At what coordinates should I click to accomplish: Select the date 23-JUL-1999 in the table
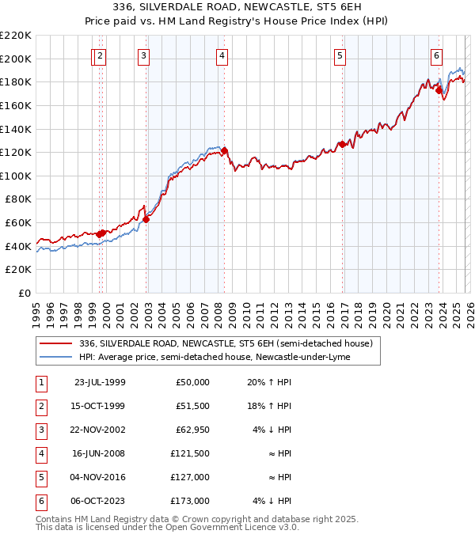(99, 381)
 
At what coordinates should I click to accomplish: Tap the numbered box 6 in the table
(40, 500)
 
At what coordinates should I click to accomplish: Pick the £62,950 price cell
(192, 429)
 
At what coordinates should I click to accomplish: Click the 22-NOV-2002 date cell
(99, 429)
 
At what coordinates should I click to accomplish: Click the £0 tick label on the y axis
(25, 293)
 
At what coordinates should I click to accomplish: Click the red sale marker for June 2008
(224, 150)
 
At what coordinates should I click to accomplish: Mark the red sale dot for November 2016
(342, 144)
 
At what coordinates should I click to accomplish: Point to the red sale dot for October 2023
(439, 90)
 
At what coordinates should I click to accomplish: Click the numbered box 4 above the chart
(222, 55)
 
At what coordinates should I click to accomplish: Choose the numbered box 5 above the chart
(340, 55)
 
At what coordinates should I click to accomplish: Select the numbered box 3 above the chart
(143, 55)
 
